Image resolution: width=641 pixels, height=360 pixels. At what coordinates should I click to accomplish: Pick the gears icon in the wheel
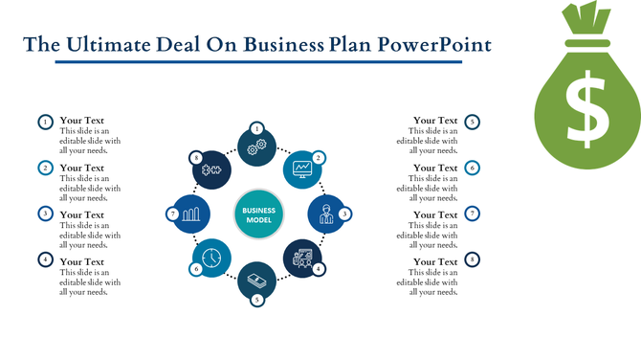tap(256, 146)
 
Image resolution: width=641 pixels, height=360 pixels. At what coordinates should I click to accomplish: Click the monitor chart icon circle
tap(303, 168)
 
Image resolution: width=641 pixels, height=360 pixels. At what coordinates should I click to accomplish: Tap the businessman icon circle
tap(325, 214)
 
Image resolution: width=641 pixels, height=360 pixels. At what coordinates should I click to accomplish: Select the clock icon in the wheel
tap(211, 258)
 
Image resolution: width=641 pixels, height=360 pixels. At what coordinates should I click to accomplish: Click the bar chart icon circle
tap(190, 214)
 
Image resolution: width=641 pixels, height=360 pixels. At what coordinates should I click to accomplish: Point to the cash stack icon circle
tap(256, 280)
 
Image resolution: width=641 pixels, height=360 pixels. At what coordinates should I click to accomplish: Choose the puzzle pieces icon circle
tap(210, 169)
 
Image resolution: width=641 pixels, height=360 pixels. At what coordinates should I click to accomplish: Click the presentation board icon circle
tap(303, 259)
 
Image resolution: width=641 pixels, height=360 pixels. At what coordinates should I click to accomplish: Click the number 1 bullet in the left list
tap(45, 122)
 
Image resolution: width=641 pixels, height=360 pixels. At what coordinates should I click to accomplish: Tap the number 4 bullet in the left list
tap(45, 259)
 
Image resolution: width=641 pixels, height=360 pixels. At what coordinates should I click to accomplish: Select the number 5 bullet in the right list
tap(473, 122)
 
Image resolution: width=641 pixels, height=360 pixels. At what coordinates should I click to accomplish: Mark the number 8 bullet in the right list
tap(473, 259)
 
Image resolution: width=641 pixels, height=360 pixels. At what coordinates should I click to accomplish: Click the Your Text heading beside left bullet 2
tap(81, 168)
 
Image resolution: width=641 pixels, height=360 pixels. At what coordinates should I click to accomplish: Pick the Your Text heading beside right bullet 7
tap(435, 214)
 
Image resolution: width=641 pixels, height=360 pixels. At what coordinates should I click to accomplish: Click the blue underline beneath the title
tap(258, 62)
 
